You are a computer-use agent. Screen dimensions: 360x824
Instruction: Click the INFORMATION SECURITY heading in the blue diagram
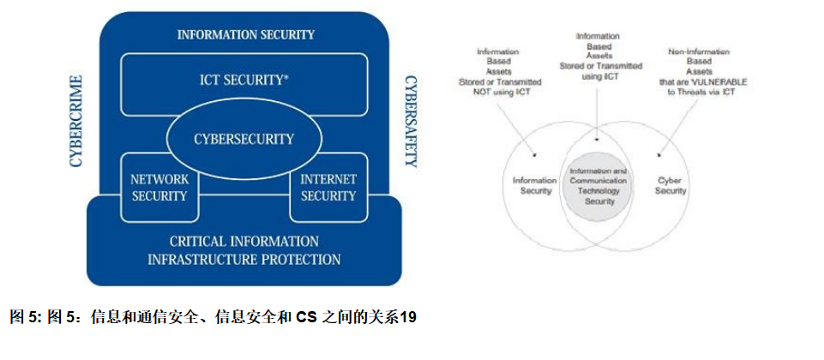point(245,35)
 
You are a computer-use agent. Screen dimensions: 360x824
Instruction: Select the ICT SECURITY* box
point(245,80)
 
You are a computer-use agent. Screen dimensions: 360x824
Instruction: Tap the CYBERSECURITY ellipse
point(244,139)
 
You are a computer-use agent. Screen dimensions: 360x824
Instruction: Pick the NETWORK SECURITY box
point(158,188)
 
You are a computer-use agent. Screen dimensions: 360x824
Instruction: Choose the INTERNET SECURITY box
point(328,188)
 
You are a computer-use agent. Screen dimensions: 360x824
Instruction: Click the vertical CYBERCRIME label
point(76,121)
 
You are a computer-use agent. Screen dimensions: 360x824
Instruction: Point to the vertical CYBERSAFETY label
point(412,121)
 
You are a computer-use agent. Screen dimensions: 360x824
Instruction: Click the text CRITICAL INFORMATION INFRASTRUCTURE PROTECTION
point(244,250)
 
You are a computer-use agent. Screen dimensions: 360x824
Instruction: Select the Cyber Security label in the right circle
point(671,186)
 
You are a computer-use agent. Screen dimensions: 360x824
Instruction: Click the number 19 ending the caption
point(408,318)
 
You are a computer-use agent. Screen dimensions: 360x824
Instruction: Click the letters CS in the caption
point(306,318)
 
